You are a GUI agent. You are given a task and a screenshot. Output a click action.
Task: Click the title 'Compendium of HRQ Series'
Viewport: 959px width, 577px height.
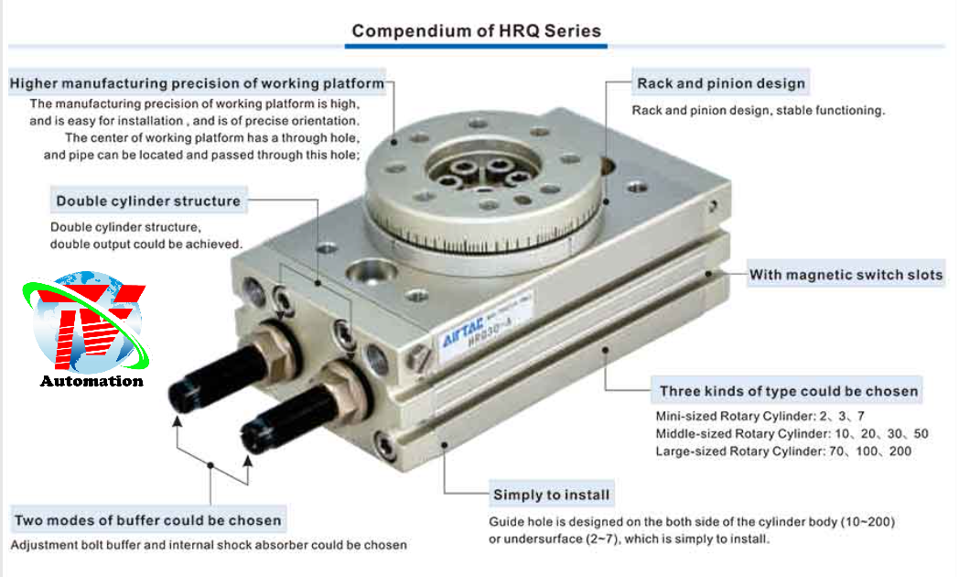click(477, 30)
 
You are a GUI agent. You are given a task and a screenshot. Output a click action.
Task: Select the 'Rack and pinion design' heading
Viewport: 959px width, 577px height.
click(721, 83)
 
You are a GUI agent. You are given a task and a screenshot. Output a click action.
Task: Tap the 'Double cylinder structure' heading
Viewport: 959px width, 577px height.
click(148, 201)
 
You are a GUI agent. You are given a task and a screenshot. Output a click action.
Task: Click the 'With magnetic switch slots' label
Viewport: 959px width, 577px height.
click(846, 275)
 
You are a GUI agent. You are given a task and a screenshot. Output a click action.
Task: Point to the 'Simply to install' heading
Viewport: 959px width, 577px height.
click(552, 495)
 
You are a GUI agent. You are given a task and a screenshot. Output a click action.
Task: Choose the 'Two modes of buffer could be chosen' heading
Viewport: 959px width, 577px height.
click(148, 520)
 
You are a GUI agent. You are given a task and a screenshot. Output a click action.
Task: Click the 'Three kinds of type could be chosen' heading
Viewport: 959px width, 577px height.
click(789, 391)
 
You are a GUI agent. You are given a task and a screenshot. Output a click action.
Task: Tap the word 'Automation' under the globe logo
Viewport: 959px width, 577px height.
click(92, 381)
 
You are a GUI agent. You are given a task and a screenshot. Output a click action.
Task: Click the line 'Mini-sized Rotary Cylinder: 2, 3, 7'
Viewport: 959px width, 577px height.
click(760, 416)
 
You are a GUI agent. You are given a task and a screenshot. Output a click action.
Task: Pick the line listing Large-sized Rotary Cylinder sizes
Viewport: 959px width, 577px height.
click(783, 451)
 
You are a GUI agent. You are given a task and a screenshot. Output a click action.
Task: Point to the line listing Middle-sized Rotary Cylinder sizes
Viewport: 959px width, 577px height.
click(792, 434)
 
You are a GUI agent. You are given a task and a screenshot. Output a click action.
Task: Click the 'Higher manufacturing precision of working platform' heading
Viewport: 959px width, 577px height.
click(197, 83)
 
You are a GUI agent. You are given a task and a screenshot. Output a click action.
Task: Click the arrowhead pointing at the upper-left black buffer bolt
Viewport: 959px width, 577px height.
click(177, 421)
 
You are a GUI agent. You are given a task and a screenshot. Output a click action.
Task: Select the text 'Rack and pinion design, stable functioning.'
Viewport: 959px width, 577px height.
click(759, 110)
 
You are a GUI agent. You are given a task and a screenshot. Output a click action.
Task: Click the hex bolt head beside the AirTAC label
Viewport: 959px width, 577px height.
click(418, 356)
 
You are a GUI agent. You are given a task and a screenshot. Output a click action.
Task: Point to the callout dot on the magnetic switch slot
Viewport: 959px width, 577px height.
click(708, 274)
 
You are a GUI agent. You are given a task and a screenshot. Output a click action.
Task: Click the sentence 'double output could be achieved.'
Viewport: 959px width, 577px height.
click(146, 245)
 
